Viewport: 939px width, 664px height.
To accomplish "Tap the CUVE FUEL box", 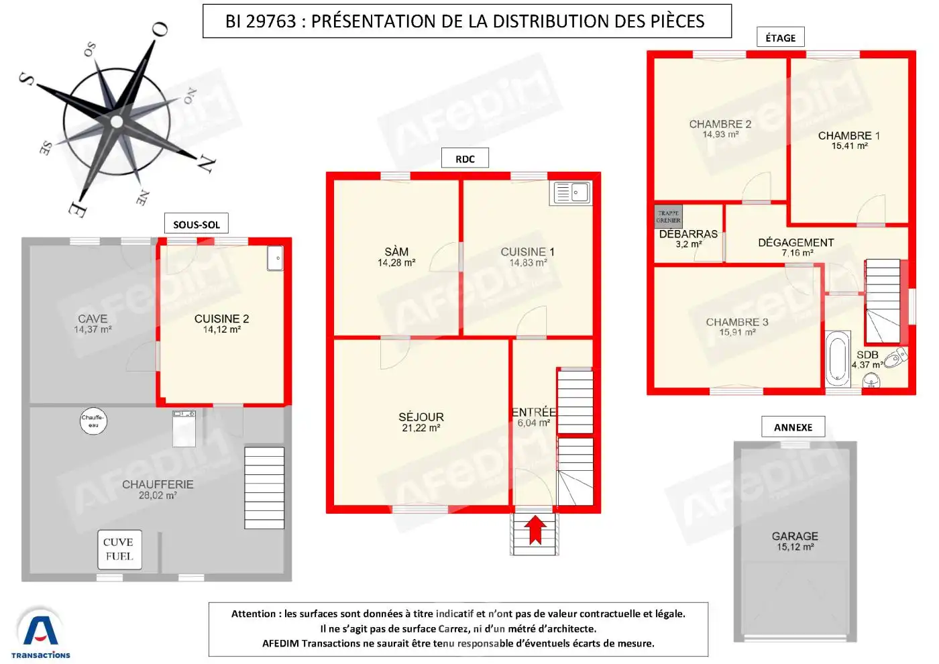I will pos(119,549).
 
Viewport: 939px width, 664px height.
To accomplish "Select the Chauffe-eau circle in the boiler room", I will pos(93,421).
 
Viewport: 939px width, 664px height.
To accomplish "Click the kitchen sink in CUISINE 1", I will pos(571,193).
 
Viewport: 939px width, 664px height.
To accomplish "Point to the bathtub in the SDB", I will pos(838,359).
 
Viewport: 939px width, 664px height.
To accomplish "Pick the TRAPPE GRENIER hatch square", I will pos(668,217).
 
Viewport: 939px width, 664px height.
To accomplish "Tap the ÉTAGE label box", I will pos(780,38).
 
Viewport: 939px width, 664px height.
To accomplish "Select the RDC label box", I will pos(465,159).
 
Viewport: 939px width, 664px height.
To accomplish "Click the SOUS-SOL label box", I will pos(197,224).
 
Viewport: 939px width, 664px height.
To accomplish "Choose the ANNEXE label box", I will pos(793,427).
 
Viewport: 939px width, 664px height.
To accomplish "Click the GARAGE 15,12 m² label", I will pos(795,541).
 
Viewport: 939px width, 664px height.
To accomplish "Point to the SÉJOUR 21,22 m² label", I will pos(421,422).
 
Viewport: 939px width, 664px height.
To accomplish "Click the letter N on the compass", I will pos(206,163).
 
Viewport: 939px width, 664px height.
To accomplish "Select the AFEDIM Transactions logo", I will pos(40,634).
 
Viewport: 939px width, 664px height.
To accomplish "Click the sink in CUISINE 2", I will pos(275,258).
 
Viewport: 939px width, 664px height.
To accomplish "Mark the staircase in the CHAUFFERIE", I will pos(264,488).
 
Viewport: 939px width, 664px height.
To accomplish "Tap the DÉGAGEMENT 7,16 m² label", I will pos(796,247).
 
